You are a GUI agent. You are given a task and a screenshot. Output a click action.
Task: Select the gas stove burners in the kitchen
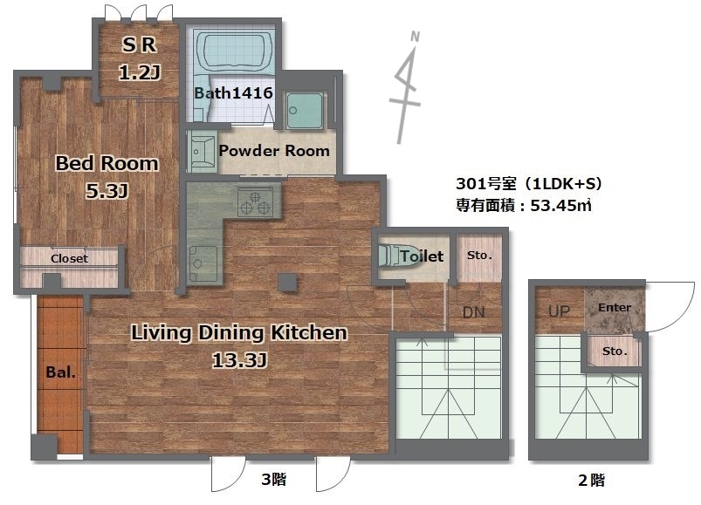click(255, 201)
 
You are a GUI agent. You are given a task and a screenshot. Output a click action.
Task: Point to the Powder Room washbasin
click(201, 152)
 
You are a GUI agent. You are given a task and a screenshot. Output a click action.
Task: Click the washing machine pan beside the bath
click(305, 111)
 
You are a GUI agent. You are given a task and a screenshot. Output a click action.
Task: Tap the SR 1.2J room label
click(140, 58)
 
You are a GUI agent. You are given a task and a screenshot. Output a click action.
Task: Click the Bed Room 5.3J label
click(107, 177)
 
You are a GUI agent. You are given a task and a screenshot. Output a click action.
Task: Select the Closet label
click(69, 258)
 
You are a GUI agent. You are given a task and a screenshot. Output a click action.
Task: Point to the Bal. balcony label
click(61, 372)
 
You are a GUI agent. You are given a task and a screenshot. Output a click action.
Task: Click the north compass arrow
click(408, 87)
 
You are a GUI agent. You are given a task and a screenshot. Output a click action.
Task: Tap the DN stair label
click(473, 312)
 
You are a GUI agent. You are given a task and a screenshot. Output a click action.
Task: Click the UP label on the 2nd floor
click(559, 311)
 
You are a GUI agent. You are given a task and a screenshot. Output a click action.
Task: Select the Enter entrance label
click(615, 307)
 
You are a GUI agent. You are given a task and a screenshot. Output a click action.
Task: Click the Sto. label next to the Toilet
click(479, 256)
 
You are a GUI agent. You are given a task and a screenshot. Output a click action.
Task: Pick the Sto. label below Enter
click(615, 351)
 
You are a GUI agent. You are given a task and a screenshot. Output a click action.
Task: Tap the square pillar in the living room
click(287, 283)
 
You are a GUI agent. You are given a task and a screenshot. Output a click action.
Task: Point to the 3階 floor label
click(273, 480)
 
